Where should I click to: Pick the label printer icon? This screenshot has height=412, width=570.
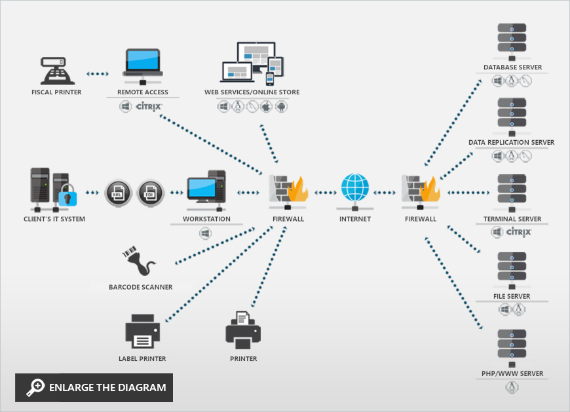pos(142,331)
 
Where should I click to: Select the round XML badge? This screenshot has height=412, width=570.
pos(118,192)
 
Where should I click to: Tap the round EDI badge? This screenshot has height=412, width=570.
pos(150,192)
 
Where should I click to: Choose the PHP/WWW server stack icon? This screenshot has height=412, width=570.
pos(512,346)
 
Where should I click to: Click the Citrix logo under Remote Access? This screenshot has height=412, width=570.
pos(149,105)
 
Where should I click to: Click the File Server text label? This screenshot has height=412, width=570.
pos(512,296)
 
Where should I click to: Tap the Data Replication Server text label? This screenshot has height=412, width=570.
pos(511,142)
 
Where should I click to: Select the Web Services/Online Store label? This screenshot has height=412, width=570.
pos(252,92)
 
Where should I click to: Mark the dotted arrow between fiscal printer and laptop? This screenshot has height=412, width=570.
pos(98,74)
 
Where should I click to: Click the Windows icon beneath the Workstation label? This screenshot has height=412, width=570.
pos(206,233)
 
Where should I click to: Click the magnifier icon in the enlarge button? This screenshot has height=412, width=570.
pos(35,388)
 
